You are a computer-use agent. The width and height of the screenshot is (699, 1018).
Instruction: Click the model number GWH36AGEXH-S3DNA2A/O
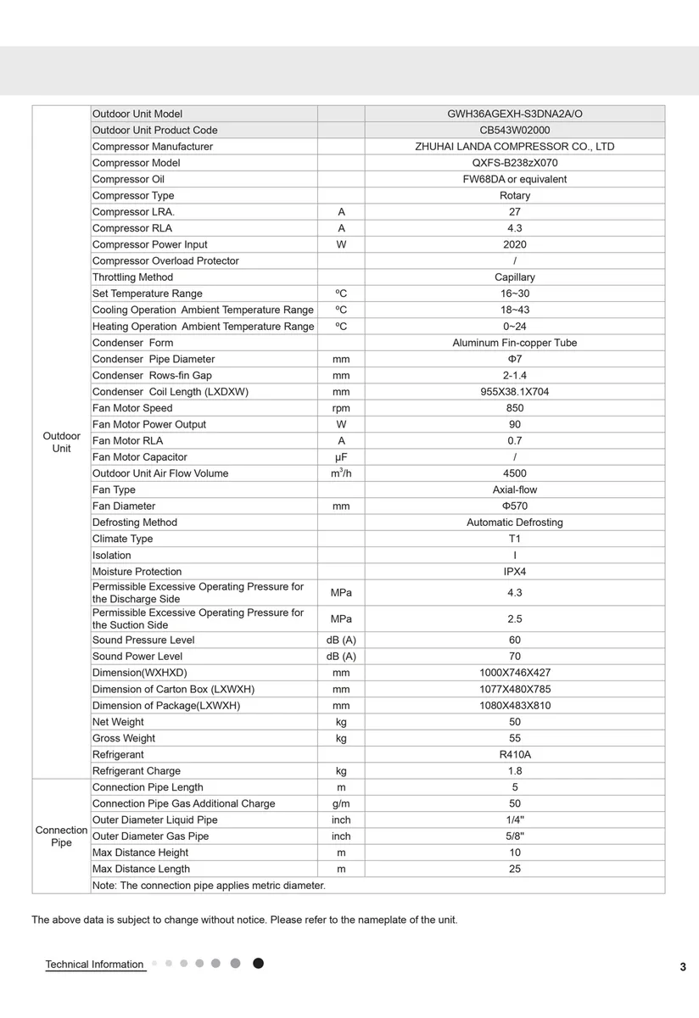pos(515,114)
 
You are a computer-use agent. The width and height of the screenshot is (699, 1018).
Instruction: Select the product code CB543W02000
pos(515,130)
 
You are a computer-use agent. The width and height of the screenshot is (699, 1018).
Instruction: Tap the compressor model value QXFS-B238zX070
pos(515,163)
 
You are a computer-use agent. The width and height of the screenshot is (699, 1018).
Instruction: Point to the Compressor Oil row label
pos(128,179)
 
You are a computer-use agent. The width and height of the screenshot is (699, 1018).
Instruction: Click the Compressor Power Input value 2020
pos(515,244)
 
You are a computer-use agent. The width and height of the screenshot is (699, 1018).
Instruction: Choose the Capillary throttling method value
pos(515,277)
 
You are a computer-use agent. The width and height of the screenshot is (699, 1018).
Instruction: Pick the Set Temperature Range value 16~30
pos(515,294)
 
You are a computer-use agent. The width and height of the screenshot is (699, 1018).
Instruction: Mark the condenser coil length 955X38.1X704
pos(515,391)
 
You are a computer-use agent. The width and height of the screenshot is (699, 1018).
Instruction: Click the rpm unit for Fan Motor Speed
pos(341,408)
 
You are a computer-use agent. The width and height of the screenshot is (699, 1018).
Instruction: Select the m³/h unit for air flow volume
pos(341,473)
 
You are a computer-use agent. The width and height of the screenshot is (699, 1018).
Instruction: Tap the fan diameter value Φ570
pos(515,506)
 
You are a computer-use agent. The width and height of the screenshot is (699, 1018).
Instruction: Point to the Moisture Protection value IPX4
pos(515,572)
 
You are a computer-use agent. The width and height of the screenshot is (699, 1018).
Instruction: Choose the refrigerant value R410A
pos(515,754)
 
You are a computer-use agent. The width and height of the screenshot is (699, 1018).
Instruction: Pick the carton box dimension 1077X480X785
pos(515,689)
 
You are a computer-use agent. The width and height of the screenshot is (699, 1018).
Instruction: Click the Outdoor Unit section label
pos(61,442)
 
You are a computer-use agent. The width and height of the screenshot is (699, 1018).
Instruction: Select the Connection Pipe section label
pos(61,836)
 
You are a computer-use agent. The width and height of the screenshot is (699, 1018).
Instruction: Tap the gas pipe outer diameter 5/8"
pos(515,836)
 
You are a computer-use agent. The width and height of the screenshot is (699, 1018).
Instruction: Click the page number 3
pos(682,967)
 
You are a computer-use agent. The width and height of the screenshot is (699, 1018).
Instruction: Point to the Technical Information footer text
pos(94,965)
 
